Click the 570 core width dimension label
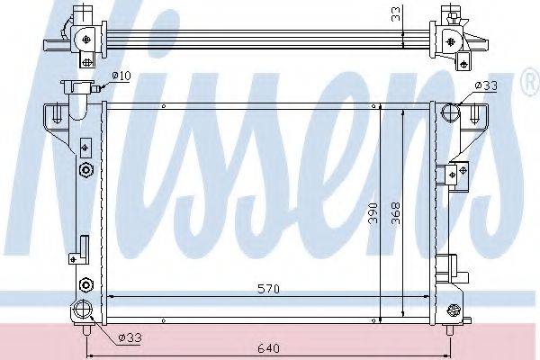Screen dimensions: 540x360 (x=268, y=289)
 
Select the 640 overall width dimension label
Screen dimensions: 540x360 (x=268, y=348)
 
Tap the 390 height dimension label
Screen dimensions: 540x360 (x=373, y=213)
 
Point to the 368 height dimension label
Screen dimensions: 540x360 (x=396, y=213)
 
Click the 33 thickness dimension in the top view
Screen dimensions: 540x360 (x=397, y=14)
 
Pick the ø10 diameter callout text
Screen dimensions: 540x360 (x=121, y=76)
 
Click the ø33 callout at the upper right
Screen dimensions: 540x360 (x=486, y=85)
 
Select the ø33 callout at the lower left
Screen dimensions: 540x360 (x=130, y=337)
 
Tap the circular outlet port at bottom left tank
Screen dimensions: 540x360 (x=83, y=309)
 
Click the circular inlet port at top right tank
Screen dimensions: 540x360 (x=451, y=112)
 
